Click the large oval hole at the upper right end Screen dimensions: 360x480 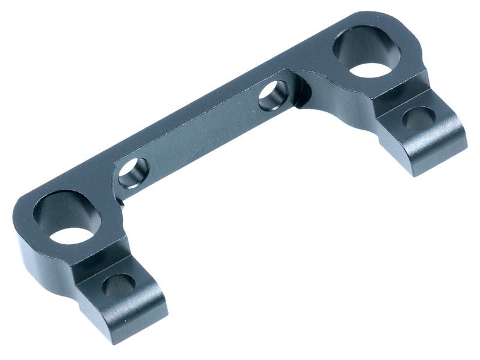(x=367, y=54)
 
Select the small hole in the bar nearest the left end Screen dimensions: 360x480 (x=133, y=173)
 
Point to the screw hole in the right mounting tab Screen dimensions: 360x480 (x=418, y=118)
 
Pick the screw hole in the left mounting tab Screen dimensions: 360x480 (x=118, y=286)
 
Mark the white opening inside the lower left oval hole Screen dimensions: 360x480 (x=70, y=235)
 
